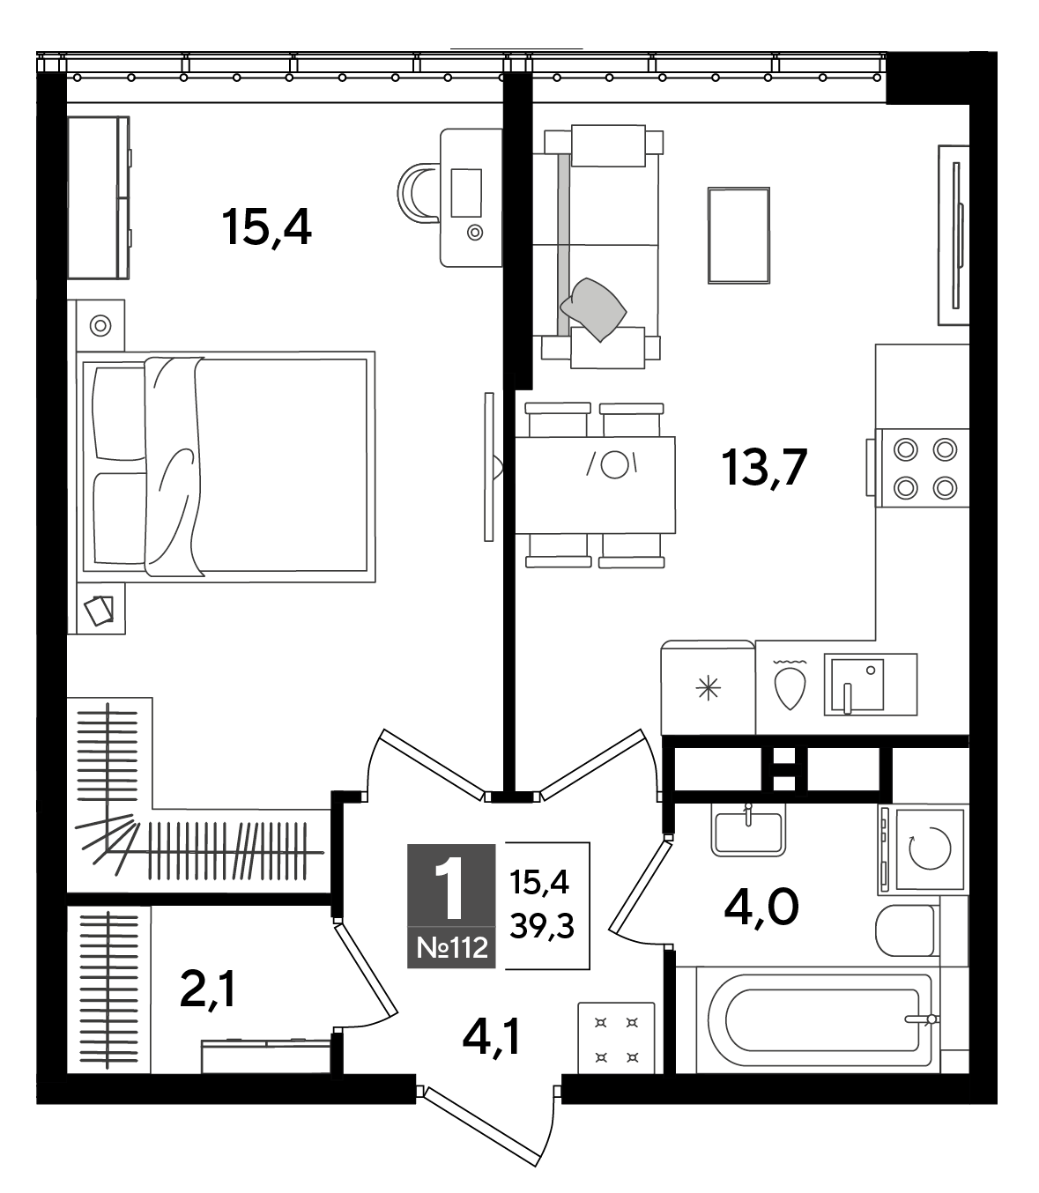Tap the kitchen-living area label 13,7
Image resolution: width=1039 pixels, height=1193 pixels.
[764, 467]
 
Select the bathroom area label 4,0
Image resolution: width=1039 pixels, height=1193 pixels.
[761, 908]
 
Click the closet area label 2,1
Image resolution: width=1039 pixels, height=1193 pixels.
[208, 989]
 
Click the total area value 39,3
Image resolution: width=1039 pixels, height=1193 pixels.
[542, 926]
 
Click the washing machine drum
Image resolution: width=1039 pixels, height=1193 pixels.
[930, 848]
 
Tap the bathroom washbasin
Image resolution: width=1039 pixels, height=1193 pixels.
[748, 832]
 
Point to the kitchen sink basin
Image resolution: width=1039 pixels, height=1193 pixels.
[857, 684]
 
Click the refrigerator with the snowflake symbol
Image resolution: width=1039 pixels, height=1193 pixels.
[708, 687]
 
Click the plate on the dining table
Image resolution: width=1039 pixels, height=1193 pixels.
[614, 465]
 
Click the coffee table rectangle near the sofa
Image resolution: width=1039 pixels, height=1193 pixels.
[738, 235]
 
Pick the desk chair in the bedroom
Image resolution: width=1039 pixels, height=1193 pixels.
[418, 192]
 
